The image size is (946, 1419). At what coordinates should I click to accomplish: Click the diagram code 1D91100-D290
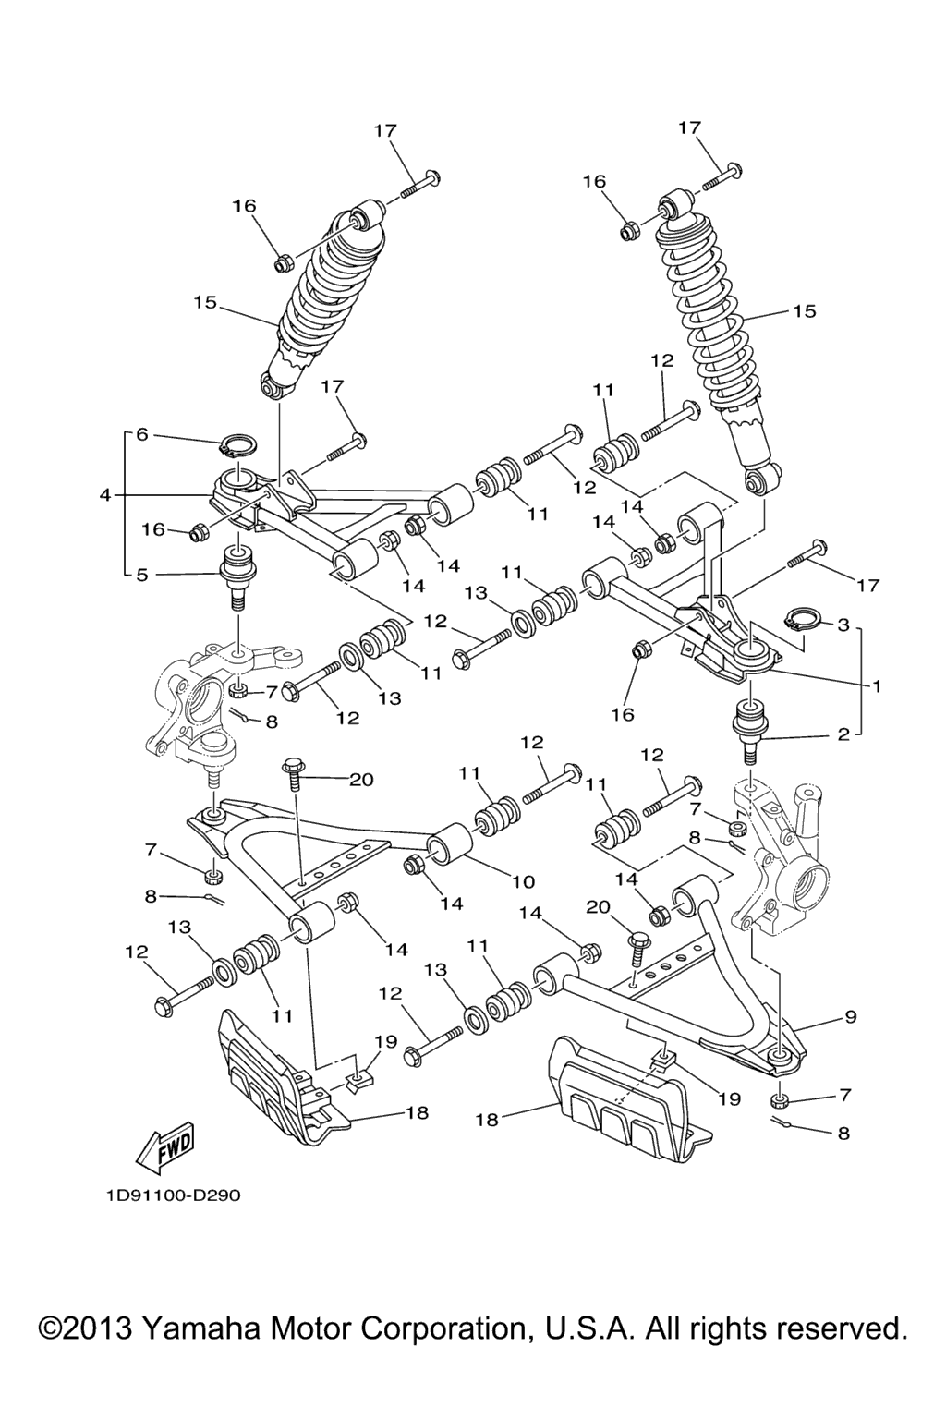coord(172,1195)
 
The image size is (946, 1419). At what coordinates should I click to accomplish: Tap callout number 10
coord(524,881)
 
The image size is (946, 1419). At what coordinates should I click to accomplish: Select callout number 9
coord(849,1017)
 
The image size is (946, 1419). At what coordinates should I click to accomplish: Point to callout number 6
coord(141,434)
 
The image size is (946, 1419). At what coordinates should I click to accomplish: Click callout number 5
coord(141,575)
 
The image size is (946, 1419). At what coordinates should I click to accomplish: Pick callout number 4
coord(106,496)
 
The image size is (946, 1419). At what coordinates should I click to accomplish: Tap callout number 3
coord(842,625)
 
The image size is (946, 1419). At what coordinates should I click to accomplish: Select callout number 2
coord(842,736)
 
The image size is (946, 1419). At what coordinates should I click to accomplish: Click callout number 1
coord(874,686)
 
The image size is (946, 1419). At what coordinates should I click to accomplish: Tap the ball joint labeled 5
coord(240,575)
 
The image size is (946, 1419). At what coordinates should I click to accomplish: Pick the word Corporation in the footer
coord(440,1328)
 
